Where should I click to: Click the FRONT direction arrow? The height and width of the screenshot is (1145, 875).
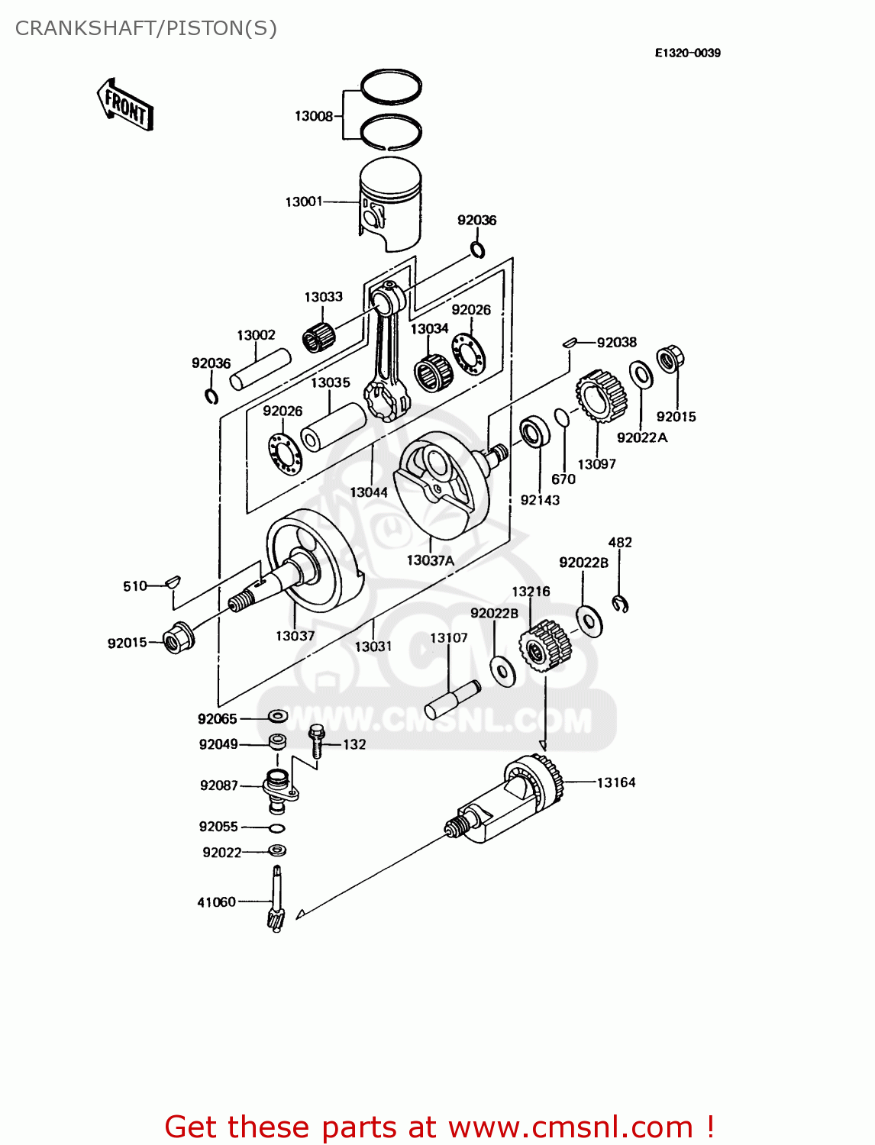coord(125,105)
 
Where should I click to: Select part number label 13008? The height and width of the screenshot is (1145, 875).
coord(314,116)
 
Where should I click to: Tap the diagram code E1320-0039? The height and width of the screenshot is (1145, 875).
coord(687,53)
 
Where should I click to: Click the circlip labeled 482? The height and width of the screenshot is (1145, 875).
coord(621,604)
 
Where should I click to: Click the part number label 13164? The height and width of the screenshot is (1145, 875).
coord(615,782)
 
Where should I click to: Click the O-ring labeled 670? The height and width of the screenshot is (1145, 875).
coord(561,418)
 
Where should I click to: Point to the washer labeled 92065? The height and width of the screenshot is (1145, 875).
coord(277,717)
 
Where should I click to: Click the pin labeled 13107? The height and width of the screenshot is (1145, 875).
coord(452,699)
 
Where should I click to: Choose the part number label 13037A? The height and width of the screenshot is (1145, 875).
coord(430,560)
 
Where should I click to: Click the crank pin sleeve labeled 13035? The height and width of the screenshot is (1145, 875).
coord(334,427)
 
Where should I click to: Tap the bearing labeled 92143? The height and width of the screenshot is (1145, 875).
coord(534,432)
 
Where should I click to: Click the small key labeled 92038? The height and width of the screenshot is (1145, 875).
coord(569,343)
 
